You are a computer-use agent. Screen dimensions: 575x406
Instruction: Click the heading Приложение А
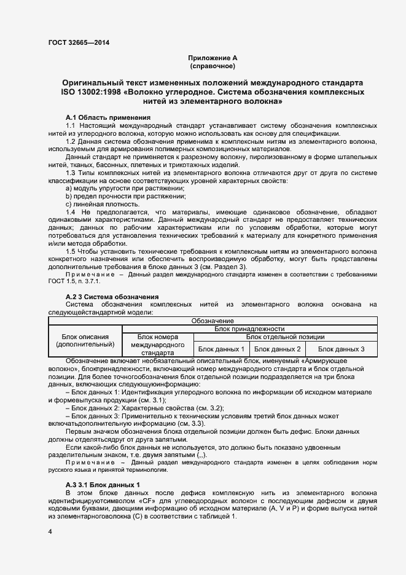(x=213, y=57)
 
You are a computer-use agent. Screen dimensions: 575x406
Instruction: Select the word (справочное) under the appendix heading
(x=213, y=65)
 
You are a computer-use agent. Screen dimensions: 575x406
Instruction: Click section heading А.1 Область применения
(x=107, y=117)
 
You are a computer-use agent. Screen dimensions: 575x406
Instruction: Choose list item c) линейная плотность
(x=93, y=204)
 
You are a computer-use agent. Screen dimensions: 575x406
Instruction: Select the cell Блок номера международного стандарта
(x=158, y=345)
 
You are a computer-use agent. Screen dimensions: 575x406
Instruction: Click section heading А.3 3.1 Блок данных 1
(x=103, y=485)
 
